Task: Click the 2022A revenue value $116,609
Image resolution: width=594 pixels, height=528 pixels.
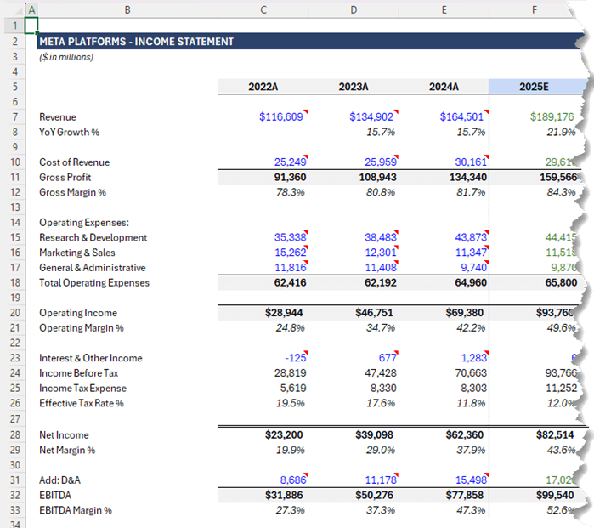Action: point(281,117)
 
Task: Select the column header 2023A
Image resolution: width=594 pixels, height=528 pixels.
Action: point(353,87)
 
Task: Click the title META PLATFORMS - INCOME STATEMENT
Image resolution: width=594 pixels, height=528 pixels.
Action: point(137,41)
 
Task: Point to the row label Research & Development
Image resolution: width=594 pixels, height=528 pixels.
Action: point(93,238)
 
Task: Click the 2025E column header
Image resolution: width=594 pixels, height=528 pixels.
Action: point(535,87)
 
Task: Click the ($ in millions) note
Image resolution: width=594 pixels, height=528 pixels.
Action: point(66,57)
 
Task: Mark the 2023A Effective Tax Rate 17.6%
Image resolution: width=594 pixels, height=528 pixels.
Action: point(380,404)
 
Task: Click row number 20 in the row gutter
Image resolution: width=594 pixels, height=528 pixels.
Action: point(15,313)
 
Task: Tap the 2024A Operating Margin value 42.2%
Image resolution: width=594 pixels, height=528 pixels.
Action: point(470,328)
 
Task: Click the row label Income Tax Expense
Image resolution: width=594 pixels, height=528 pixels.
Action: point(83,389)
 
